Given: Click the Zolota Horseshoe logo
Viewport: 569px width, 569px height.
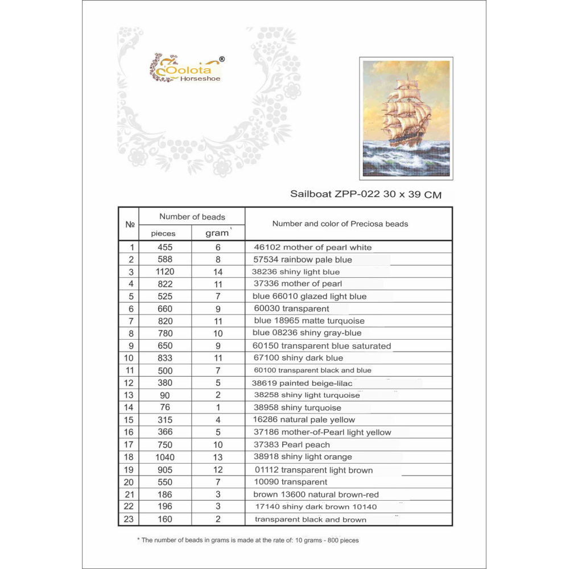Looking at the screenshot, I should pyautogui.click(x=187, y=69).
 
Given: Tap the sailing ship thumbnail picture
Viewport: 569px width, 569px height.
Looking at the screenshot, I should pyautogui.click(x=406, y=118).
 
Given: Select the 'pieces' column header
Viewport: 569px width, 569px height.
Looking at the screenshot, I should pyautogui.click(x=163, y=233).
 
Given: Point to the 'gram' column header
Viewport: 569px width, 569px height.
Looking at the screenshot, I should pyautogui.click(x=217, y=233).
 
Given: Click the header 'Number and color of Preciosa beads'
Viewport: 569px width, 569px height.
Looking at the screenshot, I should pyautogui.click(x=340, y=224).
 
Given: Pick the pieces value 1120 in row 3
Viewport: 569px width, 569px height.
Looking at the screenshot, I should pyautogui.click(x=164, y=272).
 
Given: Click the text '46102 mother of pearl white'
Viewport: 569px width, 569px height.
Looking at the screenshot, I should pyautogui.click(x=312, y=248).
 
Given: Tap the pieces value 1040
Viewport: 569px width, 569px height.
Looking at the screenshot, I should pyautogui.click(x=164, y=457).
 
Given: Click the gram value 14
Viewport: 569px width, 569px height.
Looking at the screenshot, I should pyautogui.click(x=217, y=272).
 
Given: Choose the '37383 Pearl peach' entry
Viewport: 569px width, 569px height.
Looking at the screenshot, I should pyautogui.click(x=292, y=444).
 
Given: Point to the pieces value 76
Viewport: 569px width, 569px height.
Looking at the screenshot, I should pyautogui.click(x=164, y=407).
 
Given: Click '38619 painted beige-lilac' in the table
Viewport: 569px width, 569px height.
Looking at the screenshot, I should pyautogui.click(x=303, y=383).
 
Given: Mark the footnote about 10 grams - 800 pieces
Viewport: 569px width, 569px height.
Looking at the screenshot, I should pyautogui.click(x=248, y=540).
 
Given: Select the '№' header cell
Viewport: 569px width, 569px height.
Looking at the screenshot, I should pyautogui.click(x=129, y=224).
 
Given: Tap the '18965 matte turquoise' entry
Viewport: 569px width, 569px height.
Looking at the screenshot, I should pyautogui.click(x=309, y=321).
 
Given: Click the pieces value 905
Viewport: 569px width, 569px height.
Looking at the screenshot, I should pyautogui.click(x=164, y=469).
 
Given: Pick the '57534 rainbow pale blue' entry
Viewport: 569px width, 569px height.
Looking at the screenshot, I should pyautogui.click(x=303, y=259).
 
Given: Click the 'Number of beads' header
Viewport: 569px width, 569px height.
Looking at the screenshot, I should pyautogui.click(x=192, y=217).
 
